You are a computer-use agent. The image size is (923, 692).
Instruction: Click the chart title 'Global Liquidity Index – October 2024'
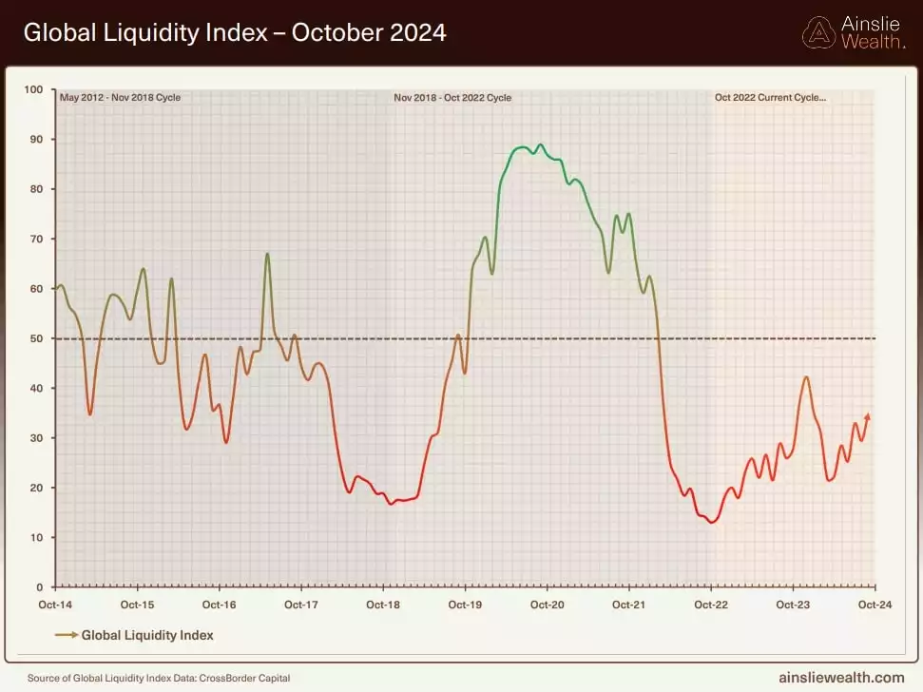pos(234,32)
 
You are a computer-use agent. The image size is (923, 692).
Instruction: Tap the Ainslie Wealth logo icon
pos(819,33)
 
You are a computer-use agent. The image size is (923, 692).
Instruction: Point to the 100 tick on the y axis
pos(34,89)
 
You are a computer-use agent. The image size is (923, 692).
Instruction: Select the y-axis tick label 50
pos(37,338)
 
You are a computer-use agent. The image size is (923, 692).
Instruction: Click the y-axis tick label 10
pos(37,537)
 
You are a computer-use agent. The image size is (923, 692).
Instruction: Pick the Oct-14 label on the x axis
pos(55,605)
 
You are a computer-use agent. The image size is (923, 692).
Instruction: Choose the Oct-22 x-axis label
pos(711,605)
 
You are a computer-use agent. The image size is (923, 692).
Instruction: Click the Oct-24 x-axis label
pos(875,605)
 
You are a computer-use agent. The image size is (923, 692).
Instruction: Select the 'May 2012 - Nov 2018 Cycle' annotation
pos(120,97)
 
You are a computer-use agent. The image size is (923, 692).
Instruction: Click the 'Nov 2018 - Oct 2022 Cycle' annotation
pos(452,97)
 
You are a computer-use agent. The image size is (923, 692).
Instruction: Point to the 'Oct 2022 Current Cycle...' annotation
pos(770,97)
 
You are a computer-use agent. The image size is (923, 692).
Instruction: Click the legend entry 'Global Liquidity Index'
pos(147,635)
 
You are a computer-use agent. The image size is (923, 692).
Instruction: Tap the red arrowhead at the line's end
pos(867,416)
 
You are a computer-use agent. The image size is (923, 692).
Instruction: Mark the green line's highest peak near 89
pos(541,144)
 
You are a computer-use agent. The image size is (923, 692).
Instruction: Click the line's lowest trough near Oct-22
pos(711,522)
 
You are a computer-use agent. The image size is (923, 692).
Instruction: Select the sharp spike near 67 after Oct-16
pos(267,254)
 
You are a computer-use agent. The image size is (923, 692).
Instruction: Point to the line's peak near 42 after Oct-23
pos(806,377)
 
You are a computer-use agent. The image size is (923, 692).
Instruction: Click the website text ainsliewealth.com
pos(842,678)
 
